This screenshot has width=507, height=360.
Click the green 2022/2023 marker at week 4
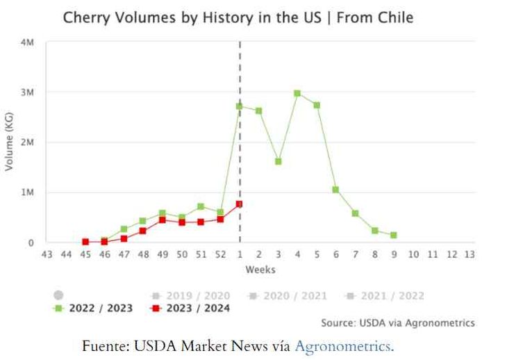tap(297, 93)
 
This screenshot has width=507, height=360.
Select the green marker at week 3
tap(278, 161)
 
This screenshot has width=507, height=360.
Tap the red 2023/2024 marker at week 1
tap(239, 204)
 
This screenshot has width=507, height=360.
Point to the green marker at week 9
tap(393, 236)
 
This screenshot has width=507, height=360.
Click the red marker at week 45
tap(85, 242)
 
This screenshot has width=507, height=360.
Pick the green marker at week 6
tap(335, 190)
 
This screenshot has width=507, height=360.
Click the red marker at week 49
tap(162, 220)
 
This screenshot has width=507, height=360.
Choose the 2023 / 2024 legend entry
tap(190, 308)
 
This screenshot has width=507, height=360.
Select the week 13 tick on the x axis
tap(470, 254)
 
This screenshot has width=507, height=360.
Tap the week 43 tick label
tap(47, 254)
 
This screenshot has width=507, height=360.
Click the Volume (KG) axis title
tap(10, 142)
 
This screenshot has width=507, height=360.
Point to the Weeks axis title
tap(260, 270)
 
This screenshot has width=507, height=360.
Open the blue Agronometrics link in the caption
tap(343, 345)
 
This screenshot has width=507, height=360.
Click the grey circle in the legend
tap(58, 295)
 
